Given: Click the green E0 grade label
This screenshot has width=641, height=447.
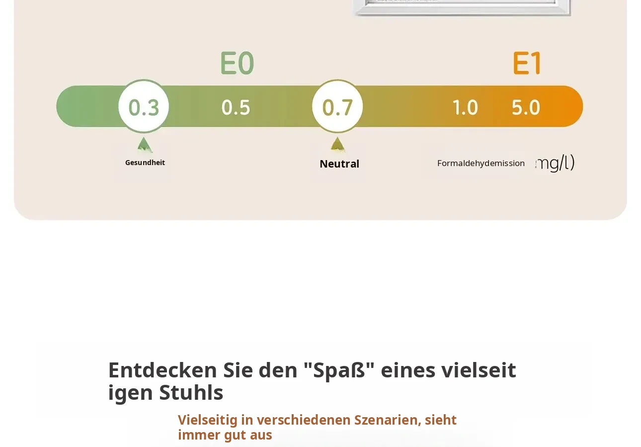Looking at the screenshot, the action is click(237, 63).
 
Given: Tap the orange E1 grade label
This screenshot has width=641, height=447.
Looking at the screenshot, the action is click(527, 63).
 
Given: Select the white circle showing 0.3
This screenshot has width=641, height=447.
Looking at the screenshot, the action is click(144, 106).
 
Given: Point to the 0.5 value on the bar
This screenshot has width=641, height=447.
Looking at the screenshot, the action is click(236, 108).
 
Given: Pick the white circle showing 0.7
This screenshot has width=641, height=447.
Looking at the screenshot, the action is click(337, 106).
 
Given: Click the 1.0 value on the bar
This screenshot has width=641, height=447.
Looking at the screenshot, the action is click(465, 108).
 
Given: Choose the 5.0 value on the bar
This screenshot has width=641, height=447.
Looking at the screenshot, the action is click(526, 108).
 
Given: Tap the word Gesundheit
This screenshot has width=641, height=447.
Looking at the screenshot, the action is click(145, 163).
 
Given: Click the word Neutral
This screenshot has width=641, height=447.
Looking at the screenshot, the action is click(339, 164).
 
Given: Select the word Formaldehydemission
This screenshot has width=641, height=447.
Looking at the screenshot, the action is click(481, 163).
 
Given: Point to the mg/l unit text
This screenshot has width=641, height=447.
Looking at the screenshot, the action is click(555, 163).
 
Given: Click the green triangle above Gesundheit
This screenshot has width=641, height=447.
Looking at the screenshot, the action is click(145, 145).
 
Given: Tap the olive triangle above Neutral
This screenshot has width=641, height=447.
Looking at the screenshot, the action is click(338, 144).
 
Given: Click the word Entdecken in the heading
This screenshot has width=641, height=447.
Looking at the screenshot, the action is click(162, 370).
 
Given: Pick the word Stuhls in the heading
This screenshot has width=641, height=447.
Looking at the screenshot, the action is click(191, 393).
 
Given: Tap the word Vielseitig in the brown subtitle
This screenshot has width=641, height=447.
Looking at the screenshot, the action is click(208, 420).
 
